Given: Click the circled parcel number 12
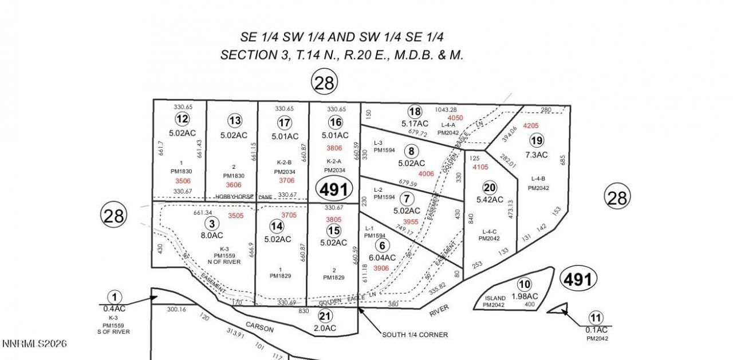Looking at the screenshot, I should (x=182, y=118).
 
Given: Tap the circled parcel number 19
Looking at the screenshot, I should (x=537, y=140).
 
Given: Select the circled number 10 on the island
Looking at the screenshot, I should (x=524, y=283).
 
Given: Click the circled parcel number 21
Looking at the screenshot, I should (x=325, y=317).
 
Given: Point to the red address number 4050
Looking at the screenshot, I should (x=455, y=117).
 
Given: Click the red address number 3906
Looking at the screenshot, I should (x=381, y=268).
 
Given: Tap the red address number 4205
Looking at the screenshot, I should (x=531, y=125).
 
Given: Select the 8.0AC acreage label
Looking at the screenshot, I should (x=211, y=235).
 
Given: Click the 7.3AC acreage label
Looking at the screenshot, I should (x=537, y=155).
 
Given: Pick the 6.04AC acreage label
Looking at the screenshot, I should (x=382, y=258).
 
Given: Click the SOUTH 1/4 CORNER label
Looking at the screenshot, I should (x=415, y=334).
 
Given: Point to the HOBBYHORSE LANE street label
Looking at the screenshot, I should (x=243, y=196).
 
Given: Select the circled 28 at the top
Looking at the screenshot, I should (x=324, y=83).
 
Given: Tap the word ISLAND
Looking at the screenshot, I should (x=495, y=298).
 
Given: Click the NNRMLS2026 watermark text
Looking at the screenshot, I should (x=34, y=344).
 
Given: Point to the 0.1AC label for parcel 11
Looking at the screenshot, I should (x=596, y=330).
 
